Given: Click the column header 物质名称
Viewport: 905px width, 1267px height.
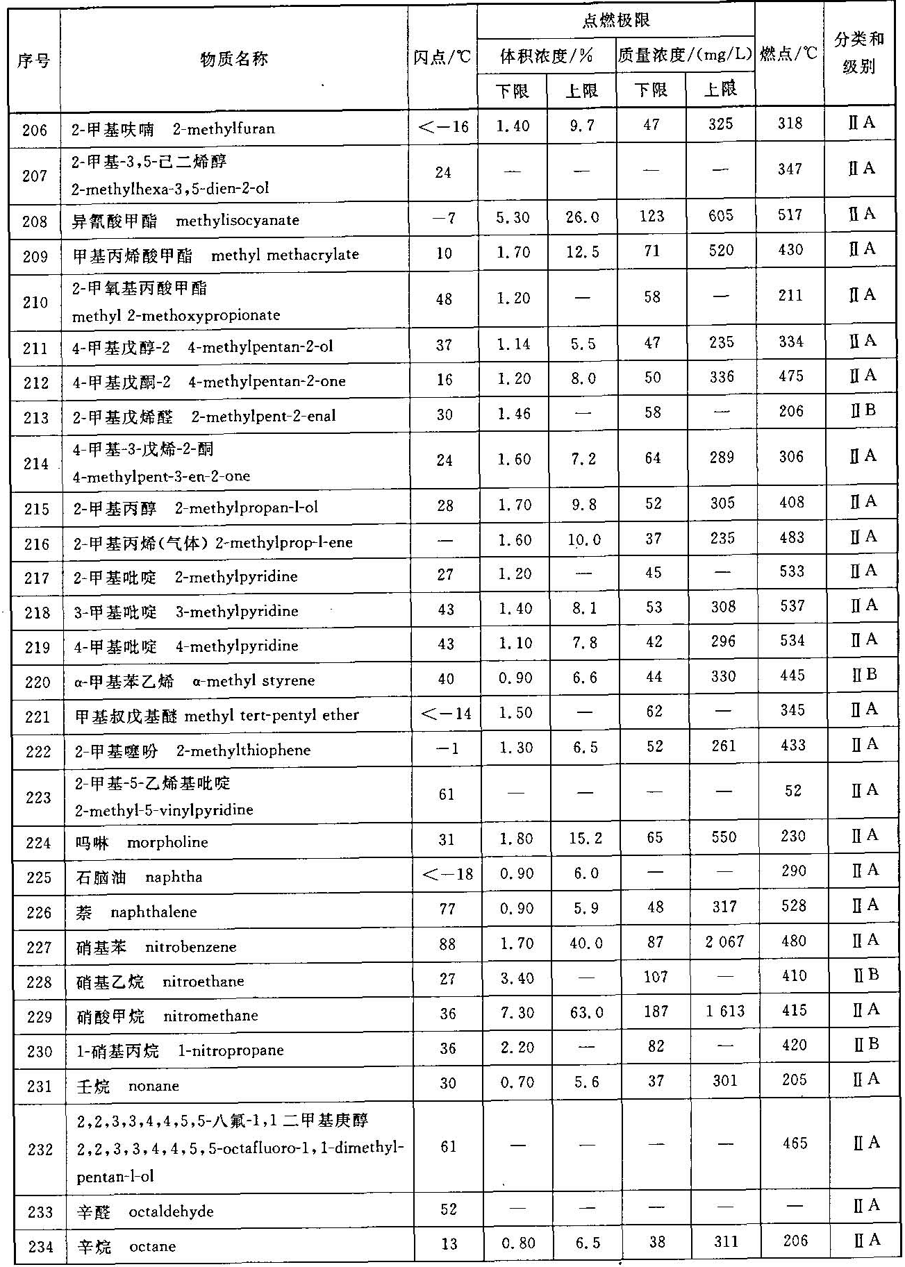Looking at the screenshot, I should pyautogui.click(x=233, y=59).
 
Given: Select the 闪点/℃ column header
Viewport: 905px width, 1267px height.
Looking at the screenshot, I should pyautogui.click(x=442, y=58).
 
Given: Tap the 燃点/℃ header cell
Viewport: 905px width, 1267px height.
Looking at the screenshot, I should pyautogui.click(x=789, y=53).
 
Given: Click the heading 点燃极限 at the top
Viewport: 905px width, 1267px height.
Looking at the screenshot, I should pyautogui.click(x=615, y=20).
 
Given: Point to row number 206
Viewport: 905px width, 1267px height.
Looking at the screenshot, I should pyautogui.click(x=35, y=129).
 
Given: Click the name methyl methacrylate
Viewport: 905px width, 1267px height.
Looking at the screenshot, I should pyautogui.click(x=285, y=255).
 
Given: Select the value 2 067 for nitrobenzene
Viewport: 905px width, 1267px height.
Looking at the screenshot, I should pyautogui.click(x=724, y=941).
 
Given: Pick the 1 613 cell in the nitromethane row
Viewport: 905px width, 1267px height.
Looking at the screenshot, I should pyautogui.click(x=724, y=1011).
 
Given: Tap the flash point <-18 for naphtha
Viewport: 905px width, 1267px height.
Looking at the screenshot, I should pyautogui.click(x=447, y=873).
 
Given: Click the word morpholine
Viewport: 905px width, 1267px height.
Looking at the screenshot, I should pyautogui.click(x=167, y=842).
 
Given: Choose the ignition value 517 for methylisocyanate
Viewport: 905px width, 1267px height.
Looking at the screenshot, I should pyautogui.click(x=790, y=215).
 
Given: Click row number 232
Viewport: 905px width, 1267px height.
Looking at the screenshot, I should pyautogui.click(x=40, y=1150).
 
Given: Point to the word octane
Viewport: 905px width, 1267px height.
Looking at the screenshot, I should pyautogui.click(x=152, y=1246).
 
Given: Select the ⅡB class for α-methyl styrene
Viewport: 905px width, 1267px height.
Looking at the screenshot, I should pyautogui.click(x=864, y=674).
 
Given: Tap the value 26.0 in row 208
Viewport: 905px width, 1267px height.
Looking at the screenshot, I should pyautogui.click(x=582, y=217).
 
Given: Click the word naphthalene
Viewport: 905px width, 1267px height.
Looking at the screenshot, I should pyautogui.click(x=153, y=912).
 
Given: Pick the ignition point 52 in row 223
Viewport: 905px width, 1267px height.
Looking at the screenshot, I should pyautogui.click(x=793, y=791).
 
